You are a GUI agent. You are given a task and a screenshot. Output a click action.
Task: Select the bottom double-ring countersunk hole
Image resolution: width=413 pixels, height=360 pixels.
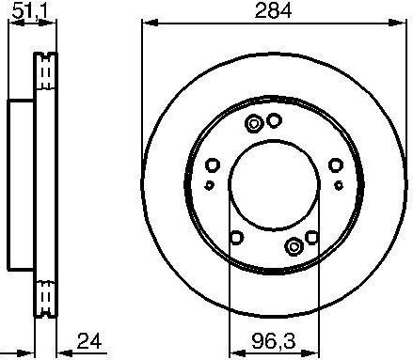(x=294, y=247)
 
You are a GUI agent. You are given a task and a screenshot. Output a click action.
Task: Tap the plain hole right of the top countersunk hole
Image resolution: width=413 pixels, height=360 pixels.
(x=274, y=120)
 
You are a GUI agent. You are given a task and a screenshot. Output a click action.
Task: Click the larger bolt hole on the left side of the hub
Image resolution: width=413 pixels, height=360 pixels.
(x=213, y=166)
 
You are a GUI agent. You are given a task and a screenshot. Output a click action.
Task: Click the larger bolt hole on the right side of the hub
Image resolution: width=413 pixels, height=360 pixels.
(x=336, y=166)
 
